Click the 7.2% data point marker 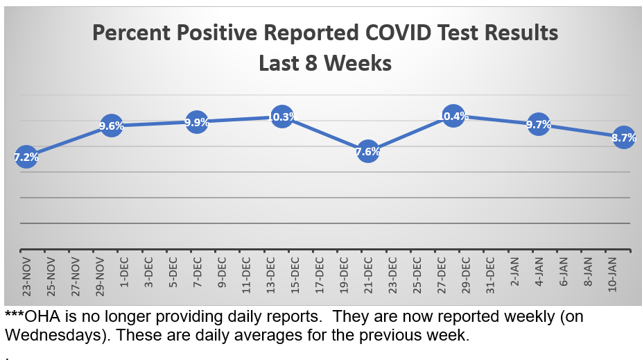(26, 157)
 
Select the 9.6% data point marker (112, 126)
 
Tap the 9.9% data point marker (197, 122)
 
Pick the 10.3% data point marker (282, 117)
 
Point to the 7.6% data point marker (368, 152)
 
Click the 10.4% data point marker (453, 116)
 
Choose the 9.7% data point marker (539, 125)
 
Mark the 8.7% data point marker (624, 137)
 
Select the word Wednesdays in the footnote (44, 335)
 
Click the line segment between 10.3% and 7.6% (325, 135)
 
